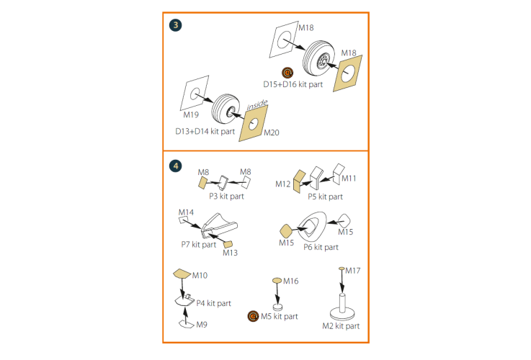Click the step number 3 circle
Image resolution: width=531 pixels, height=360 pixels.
point(175,25)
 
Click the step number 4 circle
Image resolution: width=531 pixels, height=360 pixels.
point(175,166)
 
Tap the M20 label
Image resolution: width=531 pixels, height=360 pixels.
point(272,132)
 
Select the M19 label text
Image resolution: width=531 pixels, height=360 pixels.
point(191,114)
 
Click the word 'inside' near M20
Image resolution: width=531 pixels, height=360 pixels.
point(257,105)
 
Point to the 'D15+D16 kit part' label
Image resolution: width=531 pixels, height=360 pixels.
point(293,84)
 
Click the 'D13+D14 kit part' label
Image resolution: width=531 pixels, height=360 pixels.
point(205,131)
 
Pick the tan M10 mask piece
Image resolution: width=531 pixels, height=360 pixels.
point(182,274)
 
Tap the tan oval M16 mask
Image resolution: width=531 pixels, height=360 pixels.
point(277,281)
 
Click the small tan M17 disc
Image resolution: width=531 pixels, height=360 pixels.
point(342,269)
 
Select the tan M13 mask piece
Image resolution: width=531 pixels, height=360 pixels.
point(228,244)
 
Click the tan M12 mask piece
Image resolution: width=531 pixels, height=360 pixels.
point(299,181)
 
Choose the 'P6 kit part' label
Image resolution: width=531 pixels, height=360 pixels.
point(321,247)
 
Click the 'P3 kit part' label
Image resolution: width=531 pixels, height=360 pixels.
point(226,197)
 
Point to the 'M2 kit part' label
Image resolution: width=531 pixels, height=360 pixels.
point(341,326)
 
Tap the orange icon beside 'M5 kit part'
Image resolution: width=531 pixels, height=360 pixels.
point(253,316)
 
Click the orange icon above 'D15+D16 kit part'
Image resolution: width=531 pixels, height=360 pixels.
point(287,73)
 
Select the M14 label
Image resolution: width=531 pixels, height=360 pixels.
point(187,212)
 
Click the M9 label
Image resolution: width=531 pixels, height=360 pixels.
point(202,325)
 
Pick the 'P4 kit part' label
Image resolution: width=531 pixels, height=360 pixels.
point(214,303)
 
